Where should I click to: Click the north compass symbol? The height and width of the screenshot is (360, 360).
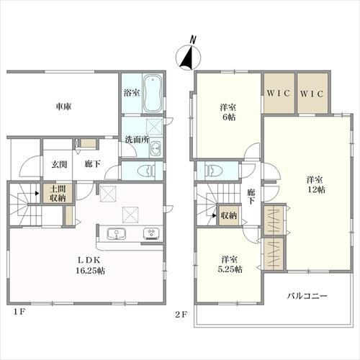tap(189, 55)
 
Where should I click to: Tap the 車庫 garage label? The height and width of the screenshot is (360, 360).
tap(63, 107)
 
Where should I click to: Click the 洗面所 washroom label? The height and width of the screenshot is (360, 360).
tap(137, 140)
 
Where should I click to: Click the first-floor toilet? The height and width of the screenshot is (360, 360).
tap(147, 171)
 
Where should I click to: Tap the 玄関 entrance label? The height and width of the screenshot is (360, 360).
tap(59, 164)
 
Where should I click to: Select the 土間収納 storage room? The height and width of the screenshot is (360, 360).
tap(58, 194)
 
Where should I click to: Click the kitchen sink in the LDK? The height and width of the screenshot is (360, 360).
tap(117, 233)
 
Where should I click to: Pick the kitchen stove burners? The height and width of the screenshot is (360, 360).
tap(151, 234)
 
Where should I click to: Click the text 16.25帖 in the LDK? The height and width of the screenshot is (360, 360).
tap(90, 271)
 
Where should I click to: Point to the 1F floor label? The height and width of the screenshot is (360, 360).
tap(19, 312)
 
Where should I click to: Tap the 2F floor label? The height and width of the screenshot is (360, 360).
tap(181, 314)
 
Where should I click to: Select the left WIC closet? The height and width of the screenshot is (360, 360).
tap(279, 93)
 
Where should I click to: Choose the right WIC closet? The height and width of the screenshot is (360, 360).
tap(312, 93)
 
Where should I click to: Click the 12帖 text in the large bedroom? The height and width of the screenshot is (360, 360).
tap(317, 189)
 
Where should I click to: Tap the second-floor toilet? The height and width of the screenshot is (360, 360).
tap(214, 170)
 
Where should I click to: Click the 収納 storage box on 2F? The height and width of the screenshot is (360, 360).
tap(229, 215)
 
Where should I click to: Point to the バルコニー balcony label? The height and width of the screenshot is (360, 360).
tap(307, 296)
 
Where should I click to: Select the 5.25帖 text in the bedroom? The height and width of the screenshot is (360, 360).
tap(230, 269)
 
